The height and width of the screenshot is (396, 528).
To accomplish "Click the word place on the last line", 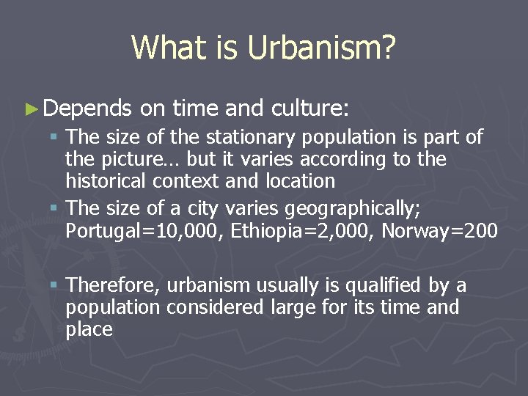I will coord(89,330).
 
